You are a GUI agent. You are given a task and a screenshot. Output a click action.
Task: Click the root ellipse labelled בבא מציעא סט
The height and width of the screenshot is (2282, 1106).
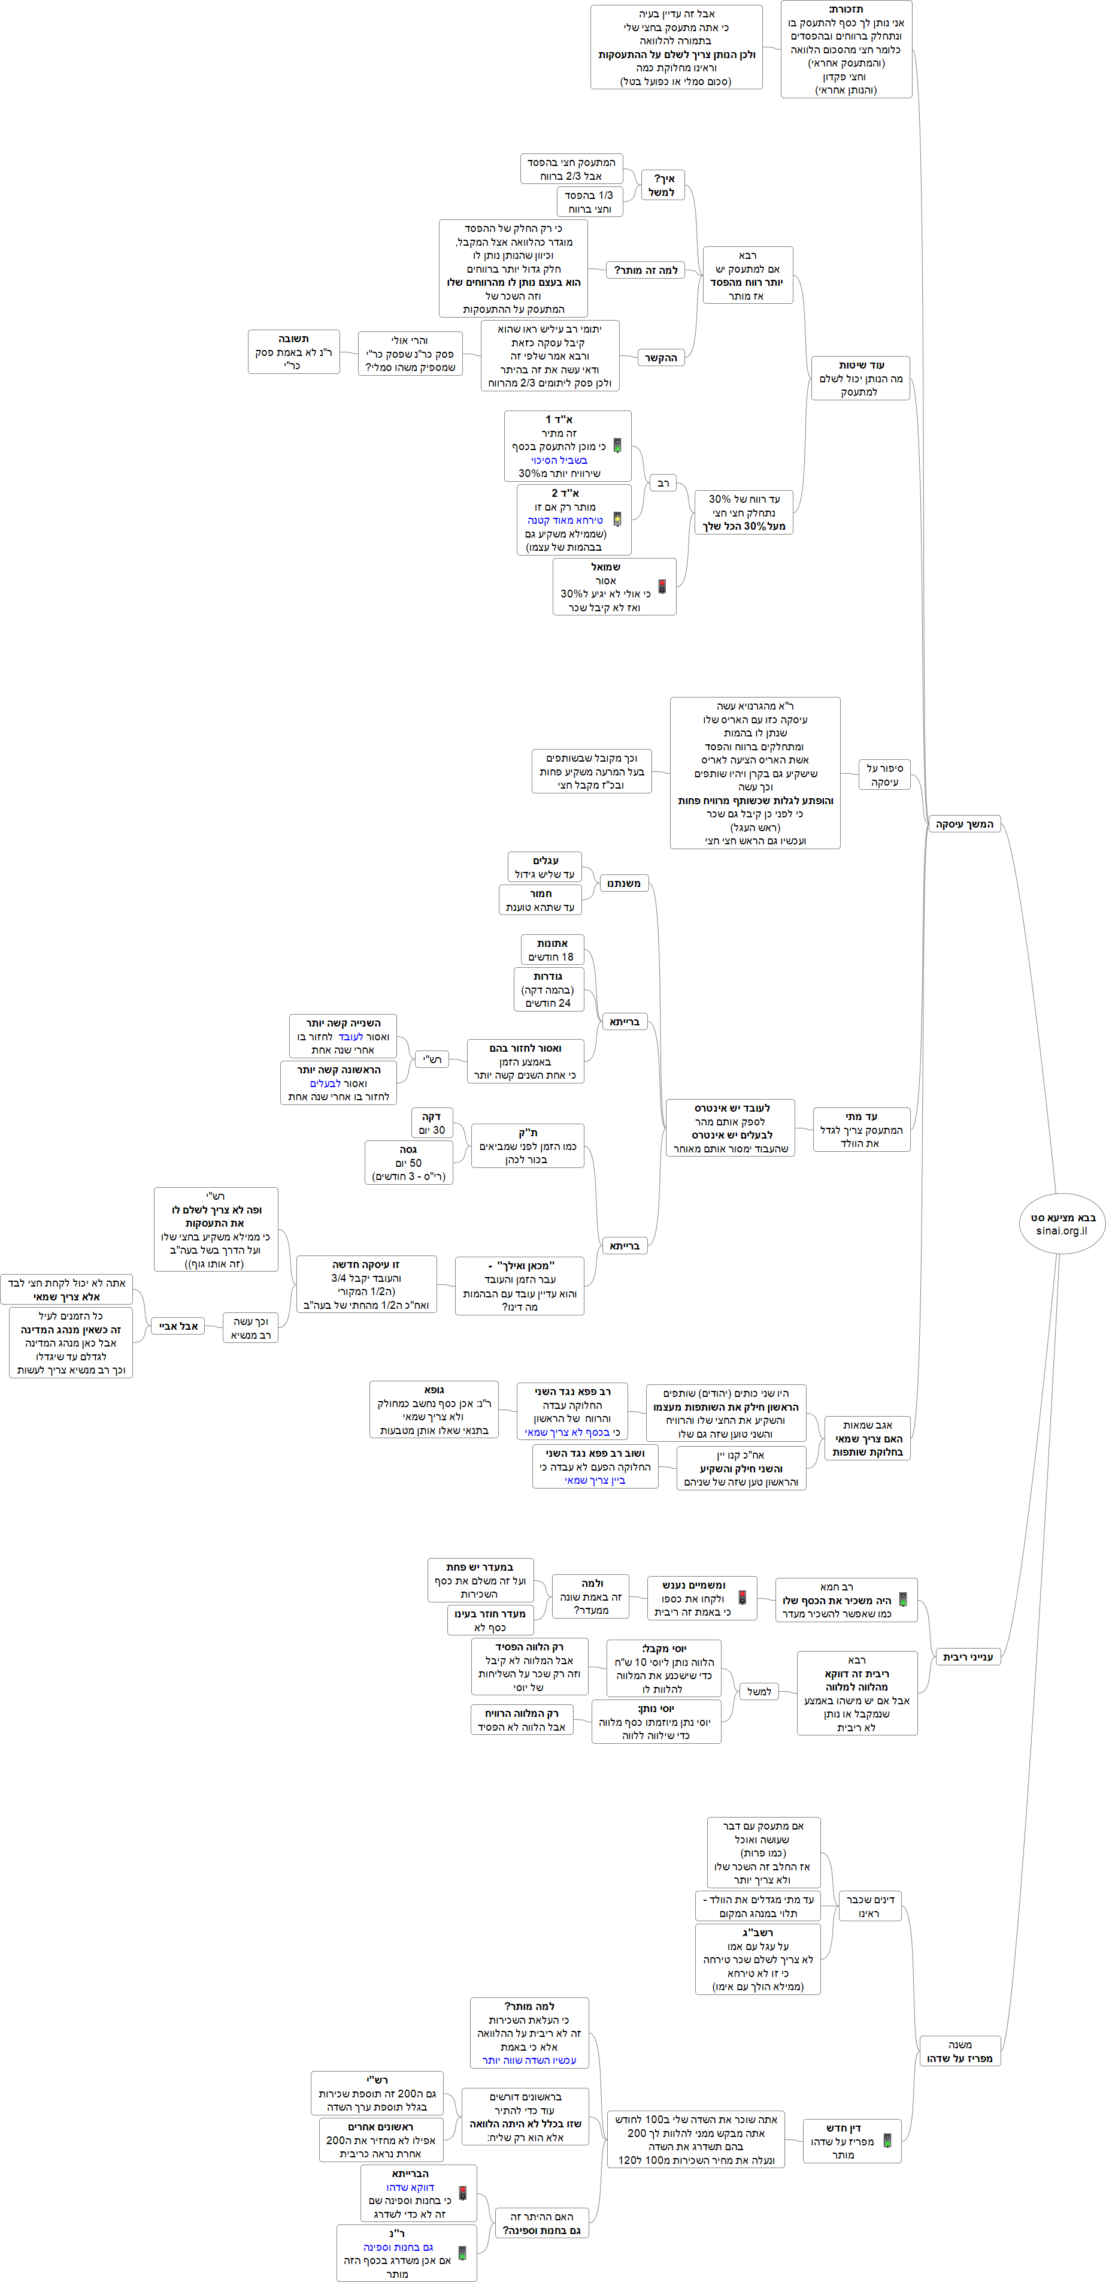[x=1062, y=1223]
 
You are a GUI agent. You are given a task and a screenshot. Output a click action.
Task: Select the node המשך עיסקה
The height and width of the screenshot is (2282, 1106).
[x=964, y=824]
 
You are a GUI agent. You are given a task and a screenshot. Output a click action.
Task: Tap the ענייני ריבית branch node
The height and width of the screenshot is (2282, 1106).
[x=968, y=1656]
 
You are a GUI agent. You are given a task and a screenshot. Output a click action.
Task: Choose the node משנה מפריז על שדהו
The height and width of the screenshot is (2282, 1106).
[x=960, y=2051]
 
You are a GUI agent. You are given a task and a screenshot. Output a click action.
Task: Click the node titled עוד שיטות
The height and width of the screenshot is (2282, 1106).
[x=860, y=378]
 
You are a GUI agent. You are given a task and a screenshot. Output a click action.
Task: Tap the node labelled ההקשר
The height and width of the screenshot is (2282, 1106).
[x=660, y=358]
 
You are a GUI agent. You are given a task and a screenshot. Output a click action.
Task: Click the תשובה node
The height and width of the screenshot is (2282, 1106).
[x=293, y=352]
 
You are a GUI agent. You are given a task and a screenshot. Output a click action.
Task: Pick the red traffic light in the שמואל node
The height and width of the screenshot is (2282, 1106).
[x=662, y=587]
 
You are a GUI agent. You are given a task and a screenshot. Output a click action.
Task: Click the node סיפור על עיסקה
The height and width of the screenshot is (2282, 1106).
[x=884, y=775]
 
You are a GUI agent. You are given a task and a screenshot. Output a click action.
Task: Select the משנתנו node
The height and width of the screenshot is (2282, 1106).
[x=625, y=883]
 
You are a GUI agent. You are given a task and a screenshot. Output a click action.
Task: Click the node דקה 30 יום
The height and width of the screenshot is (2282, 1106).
[x=431, y=1123]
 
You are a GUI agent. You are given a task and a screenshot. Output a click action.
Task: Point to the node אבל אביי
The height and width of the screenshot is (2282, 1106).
[x=178, y=1326]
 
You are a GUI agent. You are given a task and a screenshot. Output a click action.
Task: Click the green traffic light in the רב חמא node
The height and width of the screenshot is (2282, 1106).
[x=902, y=1599]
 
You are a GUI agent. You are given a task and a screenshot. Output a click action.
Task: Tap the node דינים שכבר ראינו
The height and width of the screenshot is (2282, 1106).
[x=869, y=1906]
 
